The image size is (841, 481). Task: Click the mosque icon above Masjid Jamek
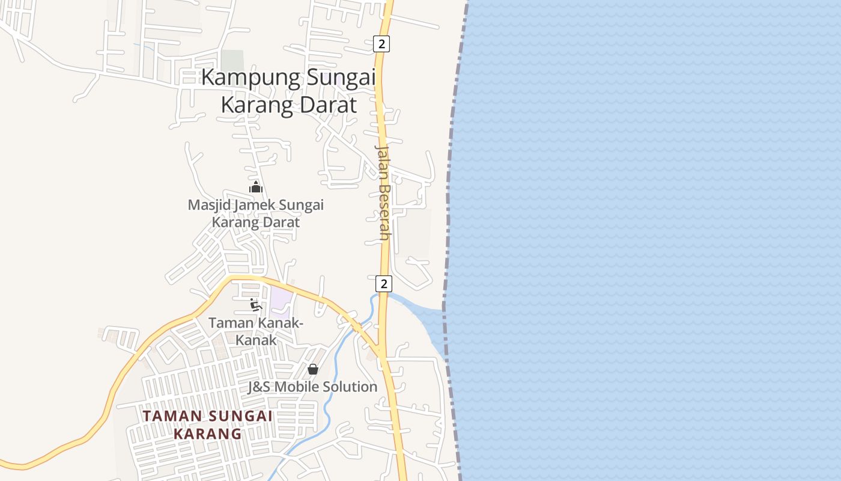(256, 187)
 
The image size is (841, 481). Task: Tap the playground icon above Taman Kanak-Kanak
(256, 304)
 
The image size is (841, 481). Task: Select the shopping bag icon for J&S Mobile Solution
(312, 369)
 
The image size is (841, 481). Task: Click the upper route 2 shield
(381, 44)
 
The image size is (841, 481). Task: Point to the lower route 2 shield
(383, 284)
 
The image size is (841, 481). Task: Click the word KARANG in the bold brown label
(207, 434)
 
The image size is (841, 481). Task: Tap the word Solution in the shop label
(350, 387)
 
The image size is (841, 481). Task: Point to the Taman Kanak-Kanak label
(256, 331)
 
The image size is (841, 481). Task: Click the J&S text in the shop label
(260, 387)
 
